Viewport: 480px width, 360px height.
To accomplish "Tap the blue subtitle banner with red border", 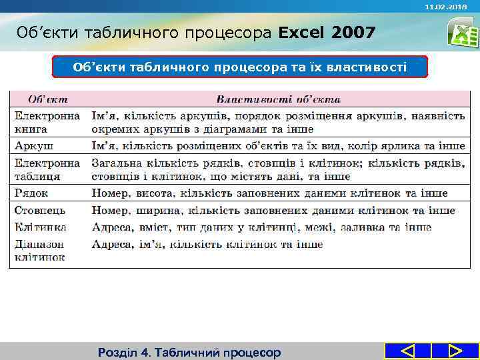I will (239, 67).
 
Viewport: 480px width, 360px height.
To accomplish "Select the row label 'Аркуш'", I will (35, 145).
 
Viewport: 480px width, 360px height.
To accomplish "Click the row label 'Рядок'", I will (32, 193).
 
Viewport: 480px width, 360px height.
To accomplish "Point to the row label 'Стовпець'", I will (40, 211).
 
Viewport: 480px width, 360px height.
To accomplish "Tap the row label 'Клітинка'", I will (40, 227).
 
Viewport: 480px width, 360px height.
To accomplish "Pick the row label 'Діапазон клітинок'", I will (40, 250).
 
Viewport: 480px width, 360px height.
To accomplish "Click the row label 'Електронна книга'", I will (47, 122).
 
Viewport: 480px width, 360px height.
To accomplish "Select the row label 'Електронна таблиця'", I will (47, 169).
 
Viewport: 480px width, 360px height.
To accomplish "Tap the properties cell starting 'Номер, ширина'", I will (273, 211).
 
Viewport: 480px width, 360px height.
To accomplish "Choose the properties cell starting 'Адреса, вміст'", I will (261, 227).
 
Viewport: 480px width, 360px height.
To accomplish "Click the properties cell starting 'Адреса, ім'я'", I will (207, 244).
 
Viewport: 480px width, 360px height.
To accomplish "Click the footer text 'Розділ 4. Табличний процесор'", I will (189, 352).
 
